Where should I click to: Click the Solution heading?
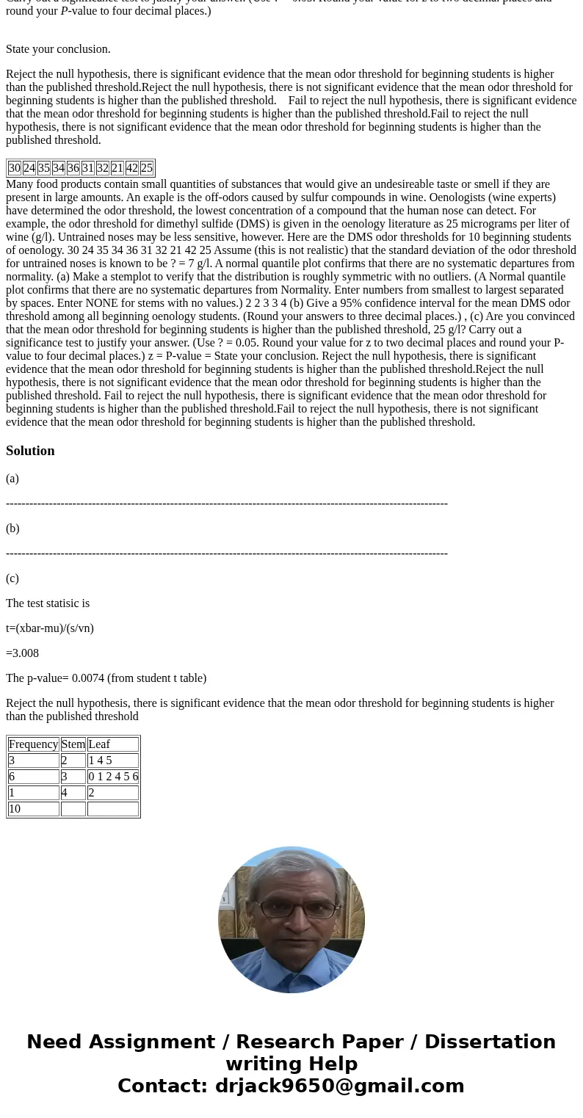click(30, 451)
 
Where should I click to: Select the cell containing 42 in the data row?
click(132, 168)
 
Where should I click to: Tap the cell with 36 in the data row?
click(73, 168)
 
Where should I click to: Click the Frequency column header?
click(34, 744)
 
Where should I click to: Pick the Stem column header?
click(73, 744)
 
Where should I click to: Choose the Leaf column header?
click(99, 744)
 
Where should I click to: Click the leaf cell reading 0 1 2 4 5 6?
click(113, 777)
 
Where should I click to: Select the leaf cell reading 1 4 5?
click(101, 761)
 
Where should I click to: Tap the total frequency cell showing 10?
click(15, 809)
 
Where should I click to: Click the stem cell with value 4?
click(65, 793)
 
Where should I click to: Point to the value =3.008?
click(23, 653)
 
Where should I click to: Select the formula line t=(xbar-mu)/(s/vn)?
click(50, 628)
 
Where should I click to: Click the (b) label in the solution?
click(12, 529)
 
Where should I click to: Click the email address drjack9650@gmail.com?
click(339, 1086)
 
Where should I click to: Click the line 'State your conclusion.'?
click(58, 49)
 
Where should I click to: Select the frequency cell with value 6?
click(12, 777)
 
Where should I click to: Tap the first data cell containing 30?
click(15, 168)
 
